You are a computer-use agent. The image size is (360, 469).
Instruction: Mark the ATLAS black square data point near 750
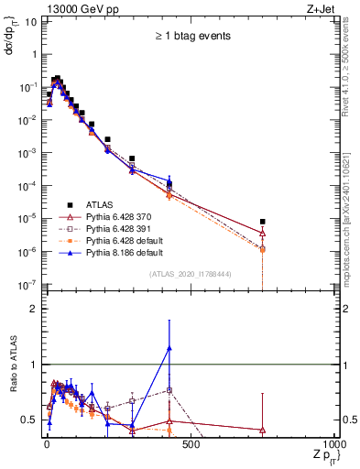click(x=263, y=222)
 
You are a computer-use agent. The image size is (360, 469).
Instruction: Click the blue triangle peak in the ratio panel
click(x=169, y=347)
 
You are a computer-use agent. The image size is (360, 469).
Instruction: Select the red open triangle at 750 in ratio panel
click(x=263, y=430)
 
